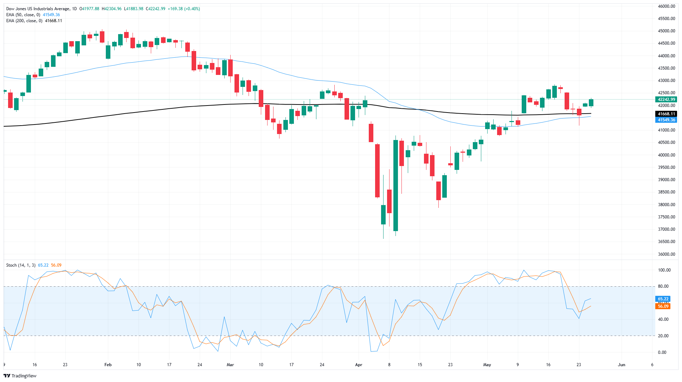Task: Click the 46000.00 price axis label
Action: (x=666, y=6)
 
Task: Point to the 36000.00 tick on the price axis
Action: (x=666, y=254)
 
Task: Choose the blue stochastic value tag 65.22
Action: (x=663, y=299)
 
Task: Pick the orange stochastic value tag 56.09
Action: (x=663, y=306)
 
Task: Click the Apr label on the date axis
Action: (x=359, y=365)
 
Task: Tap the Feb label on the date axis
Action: (x=108, y=365)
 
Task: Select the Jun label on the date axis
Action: (x=622, y=365)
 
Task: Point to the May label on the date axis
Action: (x=487, y=365)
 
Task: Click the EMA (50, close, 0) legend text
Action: (x=23, y=15)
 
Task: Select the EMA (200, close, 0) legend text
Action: (x=24, y=21)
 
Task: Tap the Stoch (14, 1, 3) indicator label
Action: (x=21, y=265)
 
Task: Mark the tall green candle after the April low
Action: (x=396, y=185)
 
